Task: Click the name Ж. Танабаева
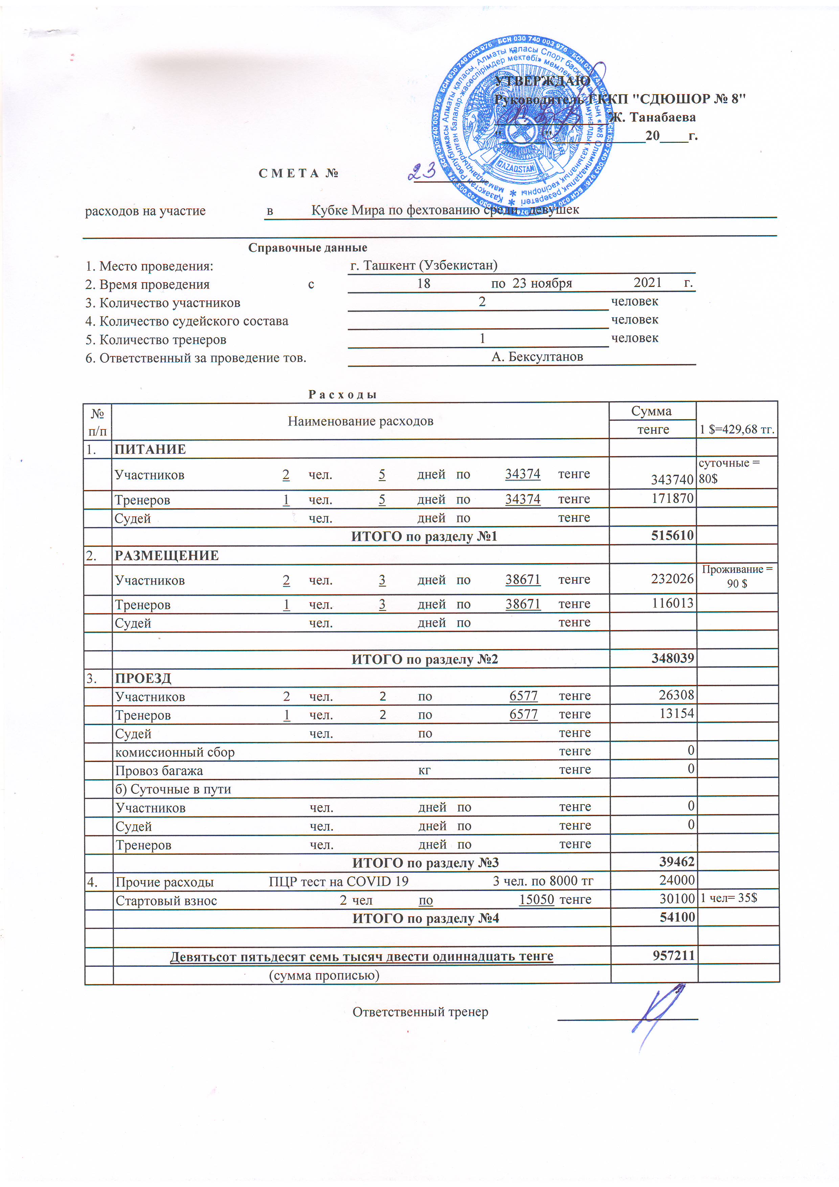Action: tap(652, 117)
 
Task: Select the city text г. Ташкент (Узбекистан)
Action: tap(423, 265)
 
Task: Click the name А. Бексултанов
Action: tap(537, 356)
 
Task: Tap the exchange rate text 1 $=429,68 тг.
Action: tap(736, 430)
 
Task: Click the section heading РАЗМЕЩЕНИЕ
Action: tap(166, 555)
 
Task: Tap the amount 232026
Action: tap(672, 579)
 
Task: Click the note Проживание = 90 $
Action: tap(736, 576)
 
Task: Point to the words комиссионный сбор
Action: tap(175, 752)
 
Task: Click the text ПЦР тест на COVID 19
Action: tap(339, 881)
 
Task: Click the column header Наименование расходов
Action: tap(360, 421)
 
